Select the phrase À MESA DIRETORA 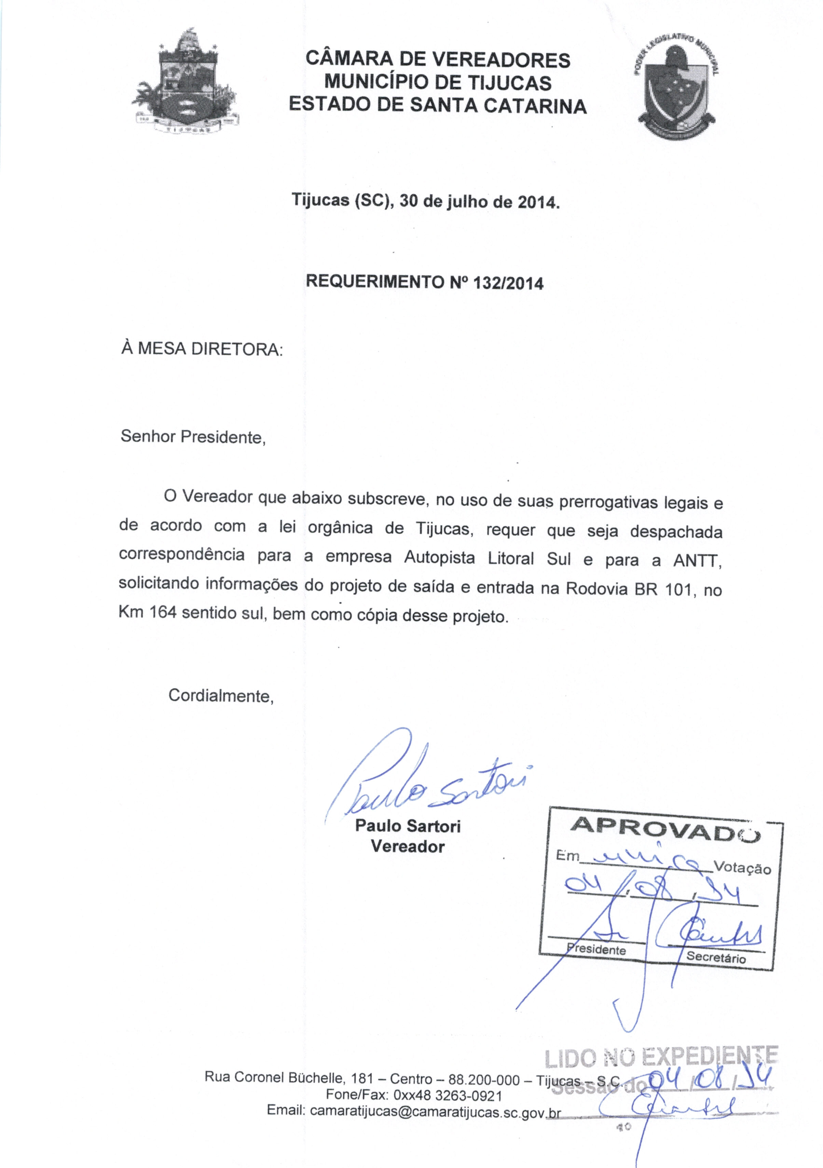[x=202, y=350]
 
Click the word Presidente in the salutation [x=223, y=436]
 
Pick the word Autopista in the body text [x=441, y=558]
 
